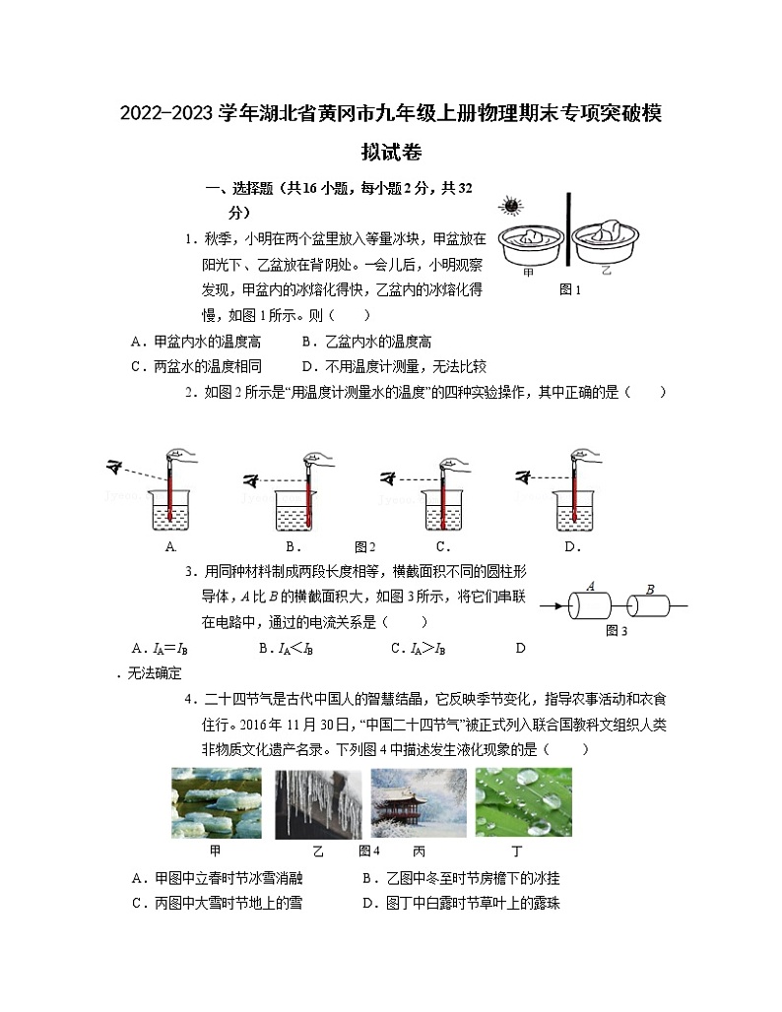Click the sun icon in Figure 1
[x=509, y=206]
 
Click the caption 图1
[x=570, y=289]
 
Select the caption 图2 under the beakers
[x=365, y=547]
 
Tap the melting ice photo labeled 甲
[x=216, y=802]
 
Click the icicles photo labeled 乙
[x=317, y=802]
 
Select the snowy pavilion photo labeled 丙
[x=419, y=802]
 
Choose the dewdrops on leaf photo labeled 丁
[x=523, y=802]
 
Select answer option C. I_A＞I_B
[x=418, y=648]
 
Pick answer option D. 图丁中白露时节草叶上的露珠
[x=461, y=903]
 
